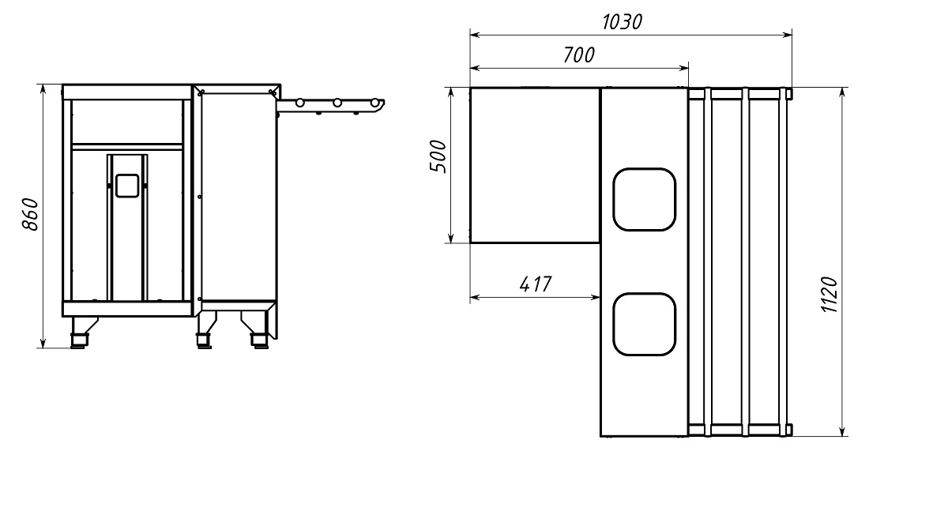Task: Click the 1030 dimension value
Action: pos(622,21)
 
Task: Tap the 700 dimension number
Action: pos(578,55)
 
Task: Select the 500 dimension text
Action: pos(438,156)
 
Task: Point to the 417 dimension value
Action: pos(536,284)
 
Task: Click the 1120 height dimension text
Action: pos(829,295)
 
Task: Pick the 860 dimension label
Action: pos(31,214)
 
